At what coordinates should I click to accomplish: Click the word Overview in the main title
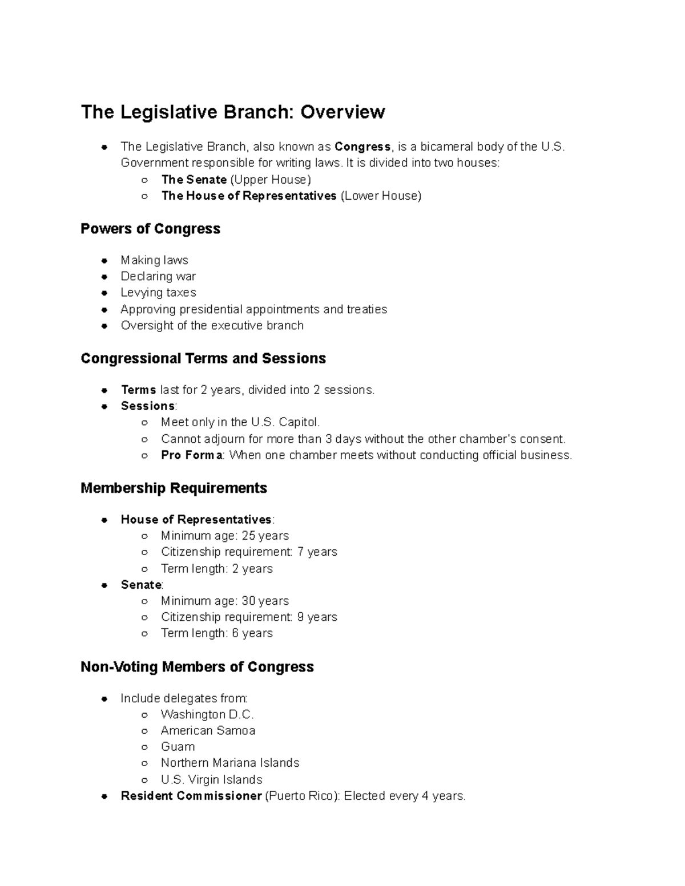pyautogui.click(x=342, y=112)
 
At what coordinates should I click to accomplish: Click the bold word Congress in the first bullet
pyautogui.click(x=362, y=147)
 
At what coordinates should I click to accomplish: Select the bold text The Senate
pyautogui.click(x=194, y=180)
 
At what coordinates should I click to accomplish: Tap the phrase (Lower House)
pyautogui.click(x=381, y=196)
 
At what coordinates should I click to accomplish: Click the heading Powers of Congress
pyautogui.click(x=150, y=229)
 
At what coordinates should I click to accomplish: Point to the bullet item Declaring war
pyautogui.click(x=158, y=277)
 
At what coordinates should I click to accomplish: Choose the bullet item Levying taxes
pyautogui.click(x=158, y=293)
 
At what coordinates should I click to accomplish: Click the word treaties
pyautogui.click(x=366, y=309)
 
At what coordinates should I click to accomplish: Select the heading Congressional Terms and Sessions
pyautogui.click(x=203, y=358)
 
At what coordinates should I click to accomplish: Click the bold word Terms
pyautogui.click(x=138, y=390)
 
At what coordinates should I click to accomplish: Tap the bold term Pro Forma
pyautogui.click(x=192, y=455)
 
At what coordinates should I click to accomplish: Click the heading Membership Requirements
pyautogui.click(x=174, y=488)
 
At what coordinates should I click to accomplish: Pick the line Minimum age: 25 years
pyautogui.click(x=224, y=536)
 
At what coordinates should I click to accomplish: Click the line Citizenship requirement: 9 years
pyautogui.click(x=249, y=617)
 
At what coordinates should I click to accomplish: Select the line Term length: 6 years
pyautogui.click(x=216, y=633)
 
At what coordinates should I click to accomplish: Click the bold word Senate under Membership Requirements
pyautogui.click(x=141, y=585)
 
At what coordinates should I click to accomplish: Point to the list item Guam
pyautogui.click(x=178, y=747)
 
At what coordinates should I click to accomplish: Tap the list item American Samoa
pyautogui.click(x=208, y=731)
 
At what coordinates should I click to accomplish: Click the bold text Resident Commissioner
pyautogui.click(x=191, y=796)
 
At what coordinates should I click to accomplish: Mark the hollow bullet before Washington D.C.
pyautogui.click(x=145, y=715)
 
